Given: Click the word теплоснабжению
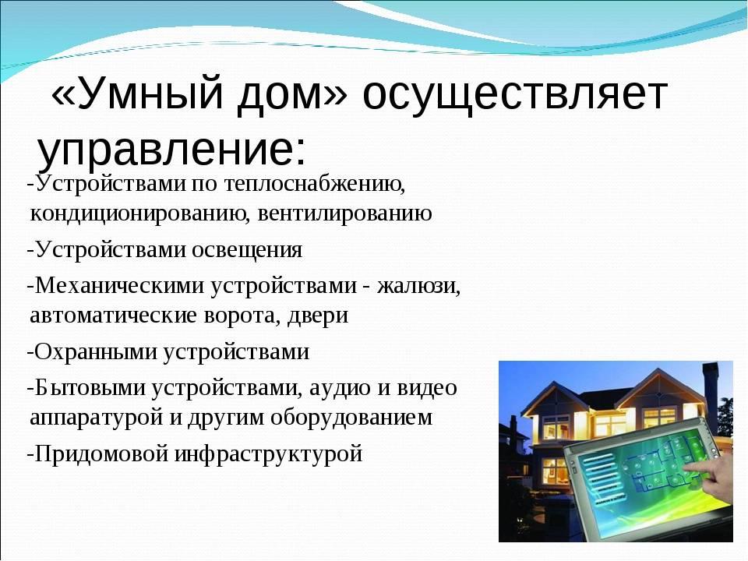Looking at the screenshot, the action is pos(314,184).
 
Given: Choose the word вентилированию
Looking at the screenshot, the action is pos(344,213).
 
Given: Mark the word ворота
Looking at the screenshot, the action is pos(242,316).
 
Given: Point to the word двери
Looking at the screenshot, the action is pos(318,316).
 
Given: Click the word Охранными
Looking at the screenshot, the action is pos(96,352).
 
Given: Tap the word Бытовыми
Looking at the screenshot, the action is pos(90,387).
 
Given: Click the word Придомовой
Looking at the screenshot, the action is pos(101,453).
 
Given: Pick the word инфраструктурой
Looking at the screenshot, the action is pos(268,453).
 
